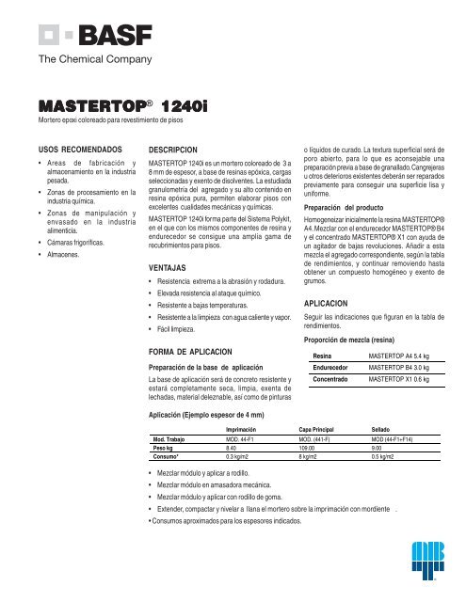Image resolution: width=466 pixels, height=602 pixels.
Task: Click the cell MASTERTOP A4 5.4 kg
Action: (404, 356)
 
